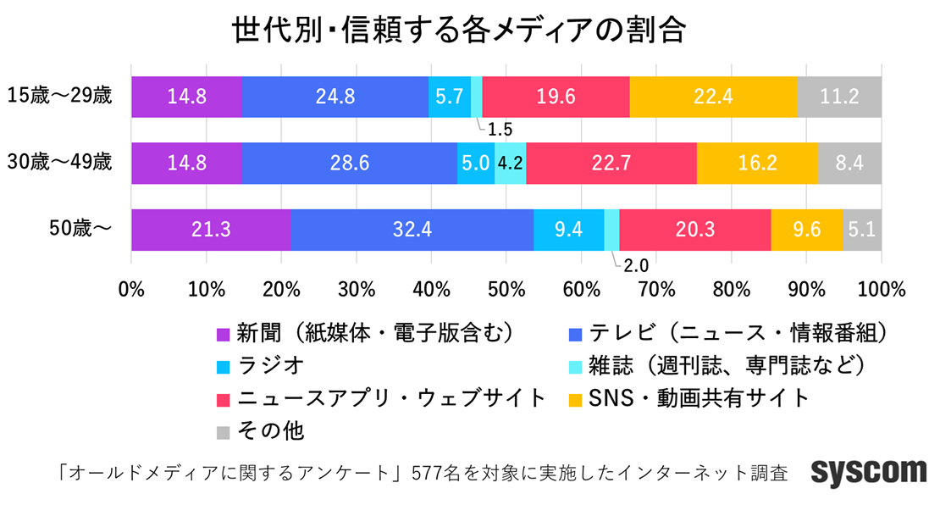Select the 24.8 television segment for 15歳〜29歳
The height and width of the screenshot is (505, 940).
point(335,97)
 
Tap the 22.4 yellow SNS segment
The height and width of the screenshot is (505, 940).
point(713,97)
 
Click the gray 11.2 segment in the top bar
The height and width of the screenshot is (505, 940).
point(839,97)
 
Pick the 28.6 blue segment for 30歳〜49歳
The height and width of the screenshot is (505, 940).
point(349,163)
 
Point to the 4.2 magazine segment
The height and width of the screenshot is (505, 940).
point(510,163)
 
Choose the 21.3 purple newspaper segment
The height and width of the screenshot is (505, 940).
point(211,230)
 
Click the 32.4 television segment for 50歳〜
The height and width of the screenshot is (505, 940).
point(412,230)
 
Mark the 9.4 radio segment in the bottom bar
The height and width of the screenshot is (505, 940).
point(568,230)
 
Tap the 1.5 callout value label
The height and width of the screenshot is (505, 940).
point(500,130)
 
